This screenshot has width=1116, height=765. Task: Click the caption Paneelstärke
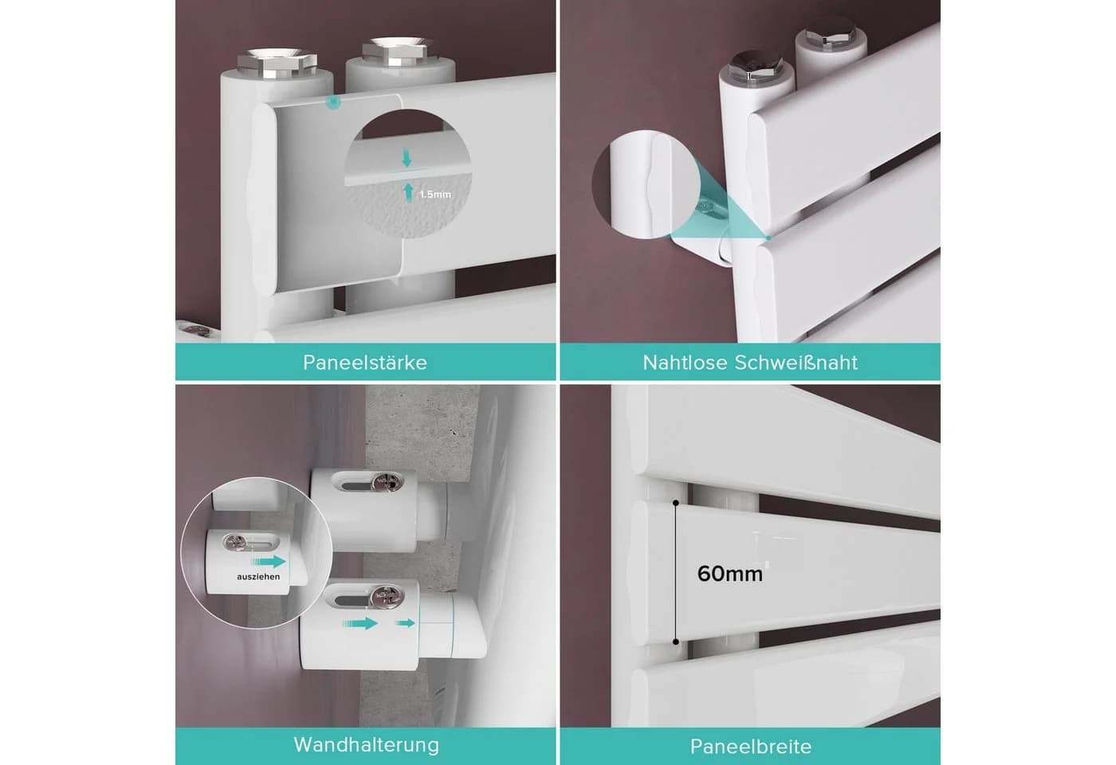(365, 363)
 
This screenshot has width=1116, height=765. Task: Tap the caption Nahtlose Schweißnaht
(750, 363)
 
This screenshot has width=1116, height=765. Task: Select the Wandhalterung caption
(366, 745)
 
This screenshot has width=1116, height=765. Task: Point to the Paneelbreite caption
(751, 747)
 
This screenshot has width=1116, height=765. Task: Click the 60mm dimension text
(730, 574)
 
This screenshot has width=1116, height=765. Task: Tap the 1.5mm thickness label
(435, 194)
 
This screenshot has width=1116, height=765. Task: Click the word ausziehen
(258, 577)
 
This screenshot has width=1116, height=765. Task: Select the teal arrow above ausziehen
(269, 562)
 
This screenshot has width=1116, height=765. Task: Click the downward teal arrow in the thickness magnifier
(407, 159)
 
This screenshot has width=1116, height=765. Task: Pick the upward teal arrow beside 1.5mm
(408, 192)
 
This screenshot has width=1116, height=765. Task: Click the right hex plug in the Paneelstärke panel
(394, 50)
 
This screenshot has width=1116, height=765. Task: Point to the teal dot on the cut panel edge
(333, 102)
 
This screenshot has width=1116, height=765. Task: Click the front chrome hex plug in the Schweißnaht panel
(753, 65)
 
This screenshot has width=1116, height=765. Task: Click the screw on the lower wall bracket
(387, 595)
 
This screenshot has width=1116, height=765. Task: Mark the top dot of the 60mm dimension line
(676, 503)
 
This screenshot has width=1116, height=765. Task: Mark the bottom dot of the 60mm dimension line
(676, 641)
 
